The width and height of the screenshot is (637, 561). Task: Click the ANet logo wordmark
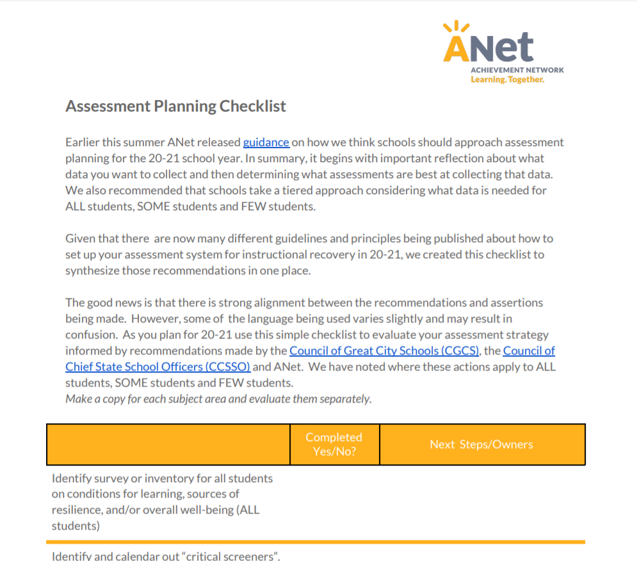click(488, 47)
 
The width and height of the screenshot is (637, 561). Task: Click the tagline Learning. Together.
click(507, 80)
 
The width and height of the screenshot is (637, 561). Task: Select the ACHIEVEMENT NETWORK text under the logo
click(517, 70)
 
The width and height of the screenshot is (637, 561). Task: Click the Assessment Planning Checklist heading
click(175, 106)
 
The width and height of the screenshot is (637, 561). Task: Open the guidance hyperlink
click(266, 142)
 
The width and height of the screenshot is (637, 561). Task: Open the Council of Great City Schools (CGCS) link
click(384, 351)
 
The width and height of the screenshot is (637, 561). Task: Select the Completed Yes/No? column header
click(334, 444)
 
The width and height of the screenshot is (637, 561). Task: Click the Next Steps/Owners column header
click(481, 444)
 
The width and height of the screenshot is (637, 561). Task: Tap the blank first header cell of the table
click(168, 444)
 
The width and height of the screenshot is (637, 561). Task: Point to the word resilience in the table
click(76, 510)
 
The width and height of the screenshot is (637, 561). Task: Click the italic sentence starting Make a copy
click(218, 399)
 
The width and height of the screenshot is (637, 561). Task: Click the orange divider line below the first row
click(315, 542)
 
